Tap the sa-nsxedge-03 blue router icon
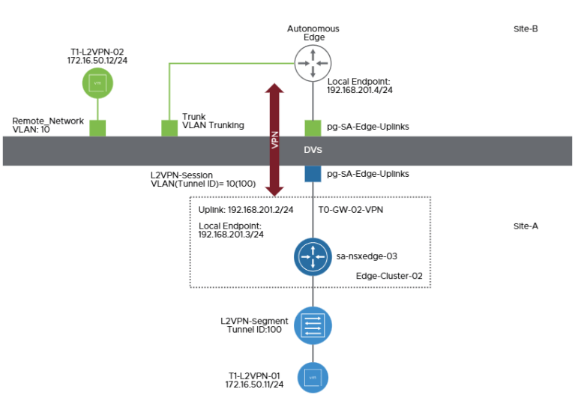(313, 257)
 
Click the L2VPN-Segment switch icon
(313, 325)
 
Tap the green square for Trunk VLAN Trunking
(169, 127)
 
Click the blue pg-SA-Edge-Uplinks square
(313, 174)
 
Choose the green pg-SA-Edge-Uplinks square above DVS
(313, 127)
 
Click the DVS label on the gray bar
(313, 150)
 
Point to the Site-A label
(525, 225)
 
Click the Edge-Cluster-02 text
(389, 276)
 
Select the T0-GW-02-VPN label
(351, 210)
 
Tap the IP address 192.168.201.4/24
(361, 90)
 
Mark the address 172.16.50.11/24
(255, 384)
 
